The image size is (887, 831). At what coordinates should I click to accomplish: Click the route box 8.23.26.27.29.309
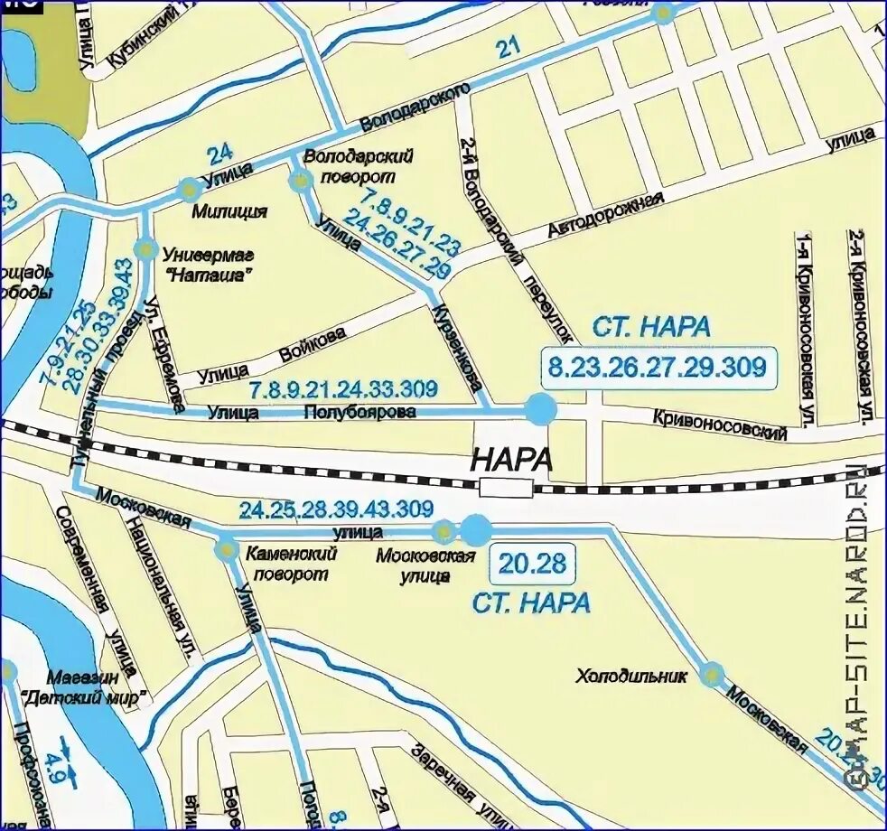[658, 367]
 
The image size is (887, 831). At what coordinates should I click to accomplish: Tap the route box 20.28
[532, 565]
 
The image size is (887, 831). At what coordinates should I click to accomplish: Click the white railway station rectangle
[506, 488]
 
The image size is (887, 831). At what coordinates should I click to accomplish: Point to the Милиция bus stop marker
[189, 189]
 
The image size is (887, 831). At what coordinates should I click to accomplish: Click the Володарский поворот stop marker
[300, 180]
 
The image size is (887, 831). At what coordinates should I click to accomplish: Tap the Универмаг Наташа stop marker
[145, 248]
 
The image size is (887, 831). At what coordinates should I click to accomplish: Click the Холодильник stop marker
[712, 674]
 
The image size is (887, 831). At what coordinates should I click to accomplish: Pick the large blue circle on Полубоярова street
[541, 410]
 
